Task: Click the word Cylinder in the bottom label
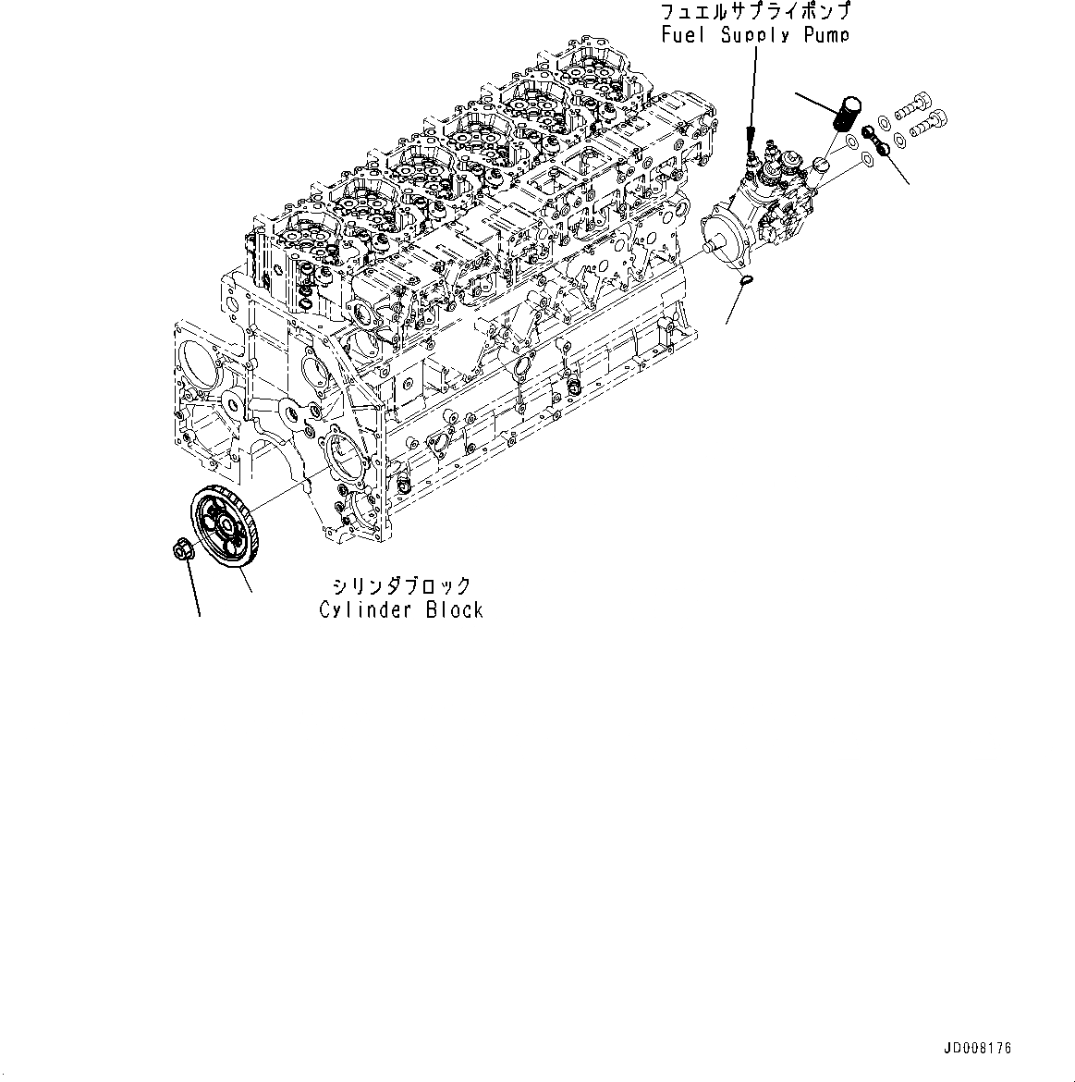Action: pyautogui.click(x=360, y=610)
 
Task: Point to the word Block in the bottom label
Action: pyautogui.click(x=455, y=610)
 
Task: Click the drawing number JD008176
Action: pyautogui.click(x=978, y=1049)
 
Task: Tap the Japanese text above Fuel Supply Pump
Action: pyautogui.click(x=755, y=13)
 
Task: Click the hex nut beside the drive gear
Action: pyautogui.click(x=182, y=549)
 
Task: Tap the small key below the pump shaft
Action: pyautogui.click(x=748, y=279)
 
